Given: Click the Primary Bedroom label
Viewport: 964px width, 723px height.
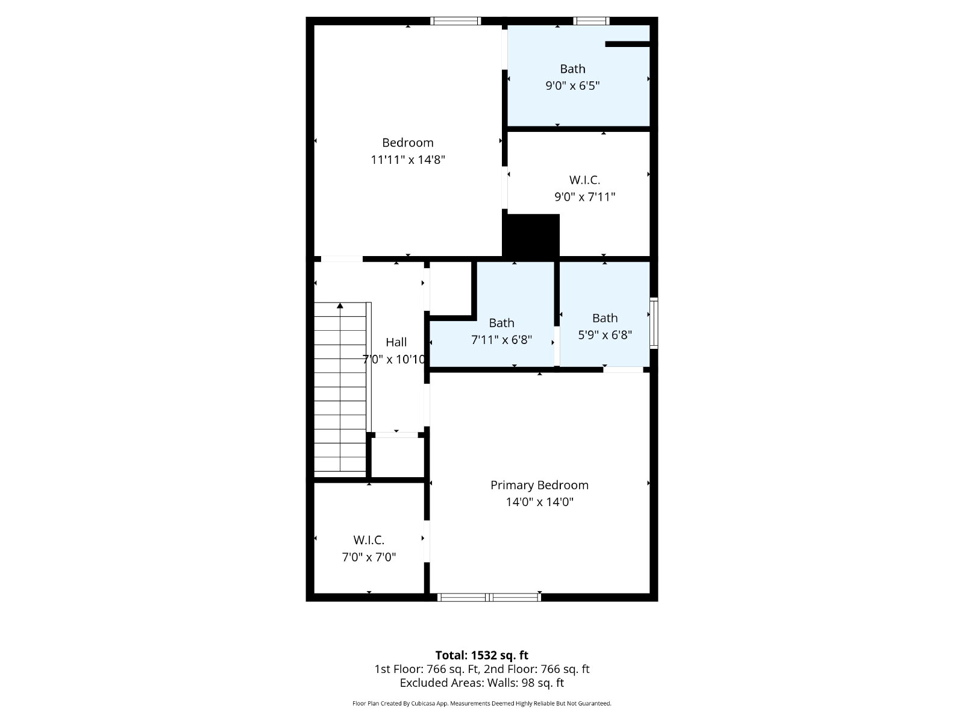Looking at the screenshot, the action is coord(539,486).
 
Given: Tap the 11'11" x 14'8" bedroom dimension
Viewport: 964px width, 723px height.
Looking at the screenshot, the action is coord(407,160).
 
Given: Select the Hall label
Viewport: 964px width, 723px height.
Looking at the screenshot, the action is coord(396,342).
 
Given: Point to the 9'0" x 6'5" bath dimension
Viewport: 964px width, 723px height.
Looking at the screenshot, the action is coord(572,86).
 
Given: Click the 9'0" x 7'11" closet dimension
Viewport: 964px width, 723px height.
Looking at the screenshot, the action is coord(584,197).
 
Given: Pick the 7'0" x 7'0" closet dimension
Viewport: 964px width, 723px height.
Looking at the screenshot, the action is coord(369,557).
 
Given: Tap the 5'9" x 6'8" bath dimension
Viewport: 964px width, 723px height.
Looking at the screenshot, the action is coord(605,336).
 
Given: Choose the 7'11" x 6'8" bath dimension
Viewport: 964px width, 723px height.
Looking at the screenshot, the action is coord(501,340).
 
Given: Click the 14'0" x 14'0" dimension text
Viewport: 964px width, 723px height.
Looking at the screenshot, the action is coord(539,502).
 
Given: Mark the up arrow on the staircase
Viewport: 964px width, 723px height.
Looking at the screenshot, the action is coord(340,305).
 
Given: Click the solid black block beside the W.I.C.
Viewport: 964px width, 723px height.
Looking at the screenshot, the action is coord(531,236).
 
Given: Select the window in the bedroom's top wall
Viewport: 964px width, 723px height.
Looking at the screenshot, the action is coord(455,21).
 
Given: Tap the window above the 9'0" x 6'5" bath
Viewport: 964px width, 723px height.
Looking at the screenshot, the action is coord(591,21).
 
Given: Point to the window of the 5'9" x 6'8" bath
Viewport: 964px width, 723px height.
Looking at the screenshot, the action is coord(654,323).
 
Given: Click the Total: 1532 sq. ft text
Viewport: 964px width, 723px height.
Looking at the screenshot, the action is coord(482,656).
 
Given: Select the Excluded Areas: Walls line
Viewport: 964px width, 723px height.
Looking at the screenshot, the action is coord(482,683).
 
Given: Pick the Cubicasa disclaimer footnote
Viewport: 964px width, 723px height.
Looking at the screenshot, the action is coord(482,704).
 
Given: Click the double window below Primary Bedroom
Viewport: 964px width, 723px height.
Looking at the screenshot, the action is coord(489,597).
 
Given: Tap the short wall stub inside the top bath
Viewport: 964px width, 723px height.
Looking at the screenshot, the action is coord(628,44).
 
